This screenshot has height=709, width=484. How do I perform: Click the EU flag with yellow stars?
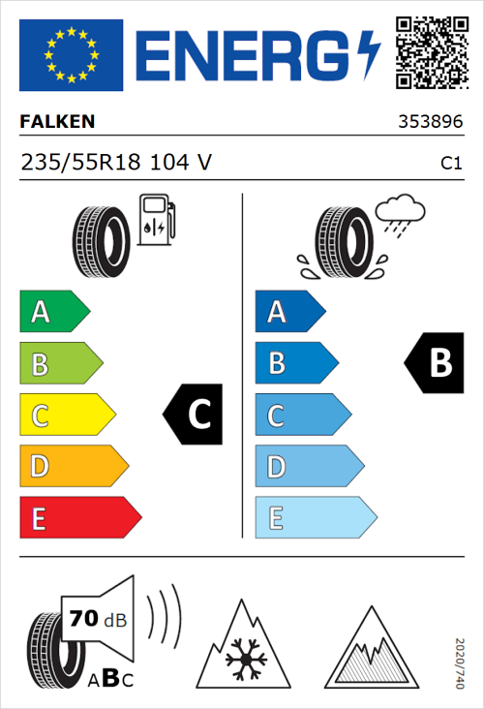tap(72, 54)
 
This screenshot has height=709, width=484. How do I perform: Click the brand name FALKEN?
tap(58, 122)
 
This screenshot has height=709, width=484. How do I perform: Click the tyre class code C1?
tap(450, 164)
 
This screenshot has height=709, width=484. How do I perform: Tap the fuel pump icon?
tap(156, 220)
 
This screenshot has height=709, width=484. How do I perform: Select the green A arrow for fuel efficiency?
tap(54, 312)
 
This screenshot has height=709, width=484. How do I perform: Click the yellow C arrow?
tap(67, 416)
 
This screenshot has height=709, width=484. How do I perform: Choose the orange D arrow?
tap(74, 467)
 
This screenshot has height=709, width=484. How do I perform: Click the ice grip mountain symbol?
tap(371, 647)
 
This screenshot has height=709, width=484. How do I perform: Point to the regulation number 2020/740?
tap(461, 662)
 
